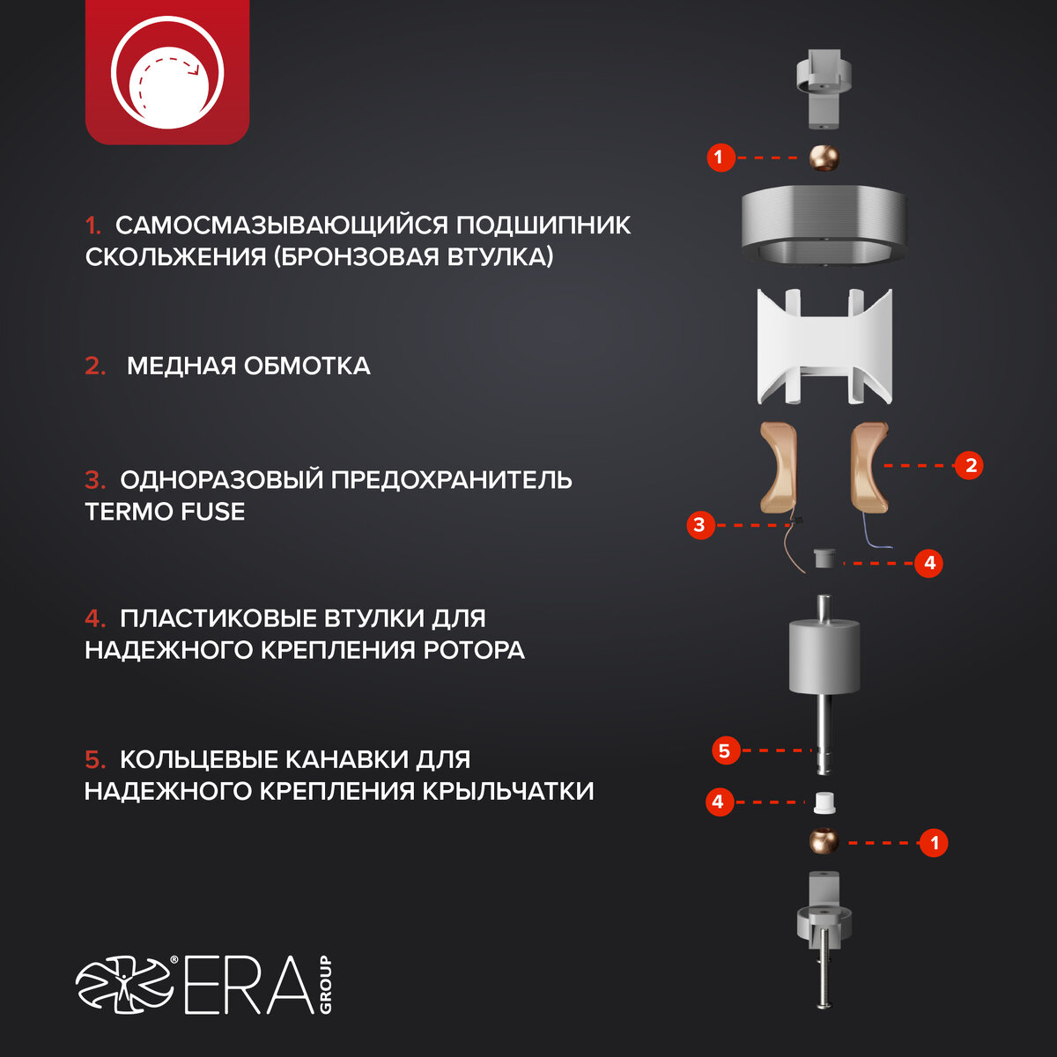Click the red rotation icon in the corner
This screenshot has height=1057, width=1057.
(167, 72)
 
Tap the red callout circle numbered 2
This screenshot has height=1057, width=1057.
(969, 466)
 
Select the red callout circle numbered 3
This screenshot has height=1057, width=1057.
(700, 525)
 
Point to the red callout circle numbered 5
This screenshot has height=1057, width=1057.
(726, 750)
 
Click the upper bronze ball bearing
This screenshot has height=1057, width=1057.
(824, 158)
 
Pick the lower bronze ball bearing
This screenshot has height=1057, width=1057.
(824, 841)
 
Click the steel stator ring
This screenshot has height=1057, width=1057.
(823, 225)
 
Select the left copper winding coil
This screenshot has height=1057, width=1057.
(779, 468)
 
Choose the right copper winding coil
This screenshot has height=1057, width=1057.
(869, 468)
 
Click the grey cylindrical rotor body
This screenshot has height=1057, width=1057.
(824, 655)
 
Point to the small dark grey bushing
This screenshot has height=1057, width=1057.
(824, 558)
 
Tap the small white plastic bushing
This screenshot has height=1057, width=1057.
(824, 802)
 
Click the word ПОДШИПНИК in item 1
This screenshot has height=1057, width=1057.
(543, 225)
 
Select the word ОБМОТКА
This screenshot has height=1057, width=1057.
(307, 366)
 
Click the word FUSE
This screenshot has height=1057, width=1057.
(213, 512)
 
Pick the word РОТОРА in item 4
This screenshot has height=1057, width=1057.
(474, 651)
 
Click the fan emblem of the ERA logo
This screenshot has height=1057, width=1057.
(124, 985)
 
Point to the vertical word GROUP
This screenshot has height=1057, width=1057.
(325, 984)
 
